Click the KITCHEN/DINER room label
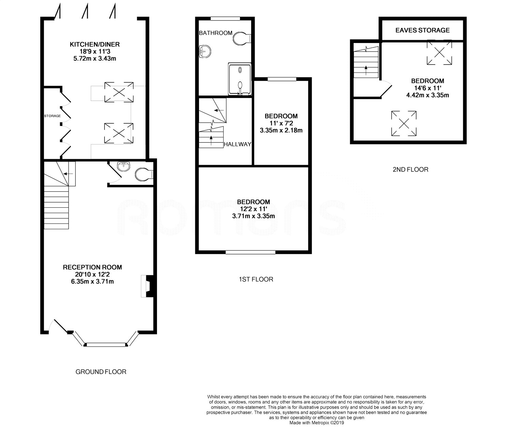tap(95, 44)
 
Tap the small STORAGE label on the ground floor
tap(53, 116)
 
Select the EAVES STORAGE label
tap(423, 30)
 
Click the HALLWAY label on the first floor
tap(237, 144)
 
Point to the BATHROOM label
tap(215, 33)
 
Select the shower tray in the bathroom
tap(240, 79)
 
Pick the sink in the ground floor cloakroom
tap(124, 166)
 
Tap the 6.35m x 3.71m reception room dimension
tap(93, 281)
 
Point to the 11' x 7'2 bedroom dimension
tap(281, 123)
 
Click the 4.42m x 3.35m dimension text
tap(428, 95)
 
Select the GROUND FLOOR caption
tap(101, 372)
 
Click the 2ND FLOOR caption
tap(411, 169)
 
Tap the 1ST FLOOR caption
tap(256, 279)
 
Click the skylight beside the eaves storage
tap(439, 52)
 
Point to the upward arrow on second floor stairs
tap(366, 70)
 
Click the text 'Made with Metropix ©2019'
tap(316, 423)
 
